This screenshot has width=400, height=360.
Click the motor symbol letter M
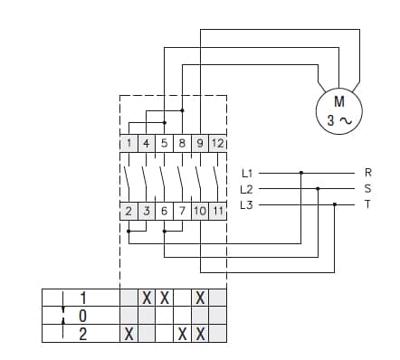[338, 100]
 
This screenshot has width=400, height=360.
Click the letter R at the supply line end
[367, 172]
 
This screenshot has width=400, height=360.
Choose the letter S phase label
[367, 188]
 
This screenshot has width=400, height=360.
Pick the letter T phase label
[367, 205]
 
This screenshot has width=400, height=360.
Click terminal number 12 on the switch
[217, 143]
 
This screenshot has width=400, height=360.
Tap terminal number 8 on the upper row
[182, 143]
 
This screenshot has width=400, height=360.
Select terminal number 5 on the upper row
[165, 143]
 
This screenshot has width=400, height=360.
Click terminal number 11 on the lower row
[217, 212]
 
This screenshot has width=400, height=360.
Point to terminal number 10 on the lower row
[199, 212]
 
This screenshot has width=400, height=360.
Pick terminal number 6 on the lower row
[165, 212]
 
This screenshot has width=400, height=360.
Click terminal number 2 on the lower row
[129, 212]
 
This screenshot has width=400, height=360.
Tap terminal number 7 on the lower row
[182, 212]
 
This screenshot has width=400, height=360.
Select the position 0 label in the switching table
[82, 316]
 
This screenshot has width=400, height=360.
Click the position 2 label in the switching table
[82, 334]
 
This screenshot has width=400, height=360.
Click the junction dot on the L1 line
[301, 172]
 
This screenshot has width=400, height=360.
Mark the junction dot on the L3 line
[335, 205]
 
